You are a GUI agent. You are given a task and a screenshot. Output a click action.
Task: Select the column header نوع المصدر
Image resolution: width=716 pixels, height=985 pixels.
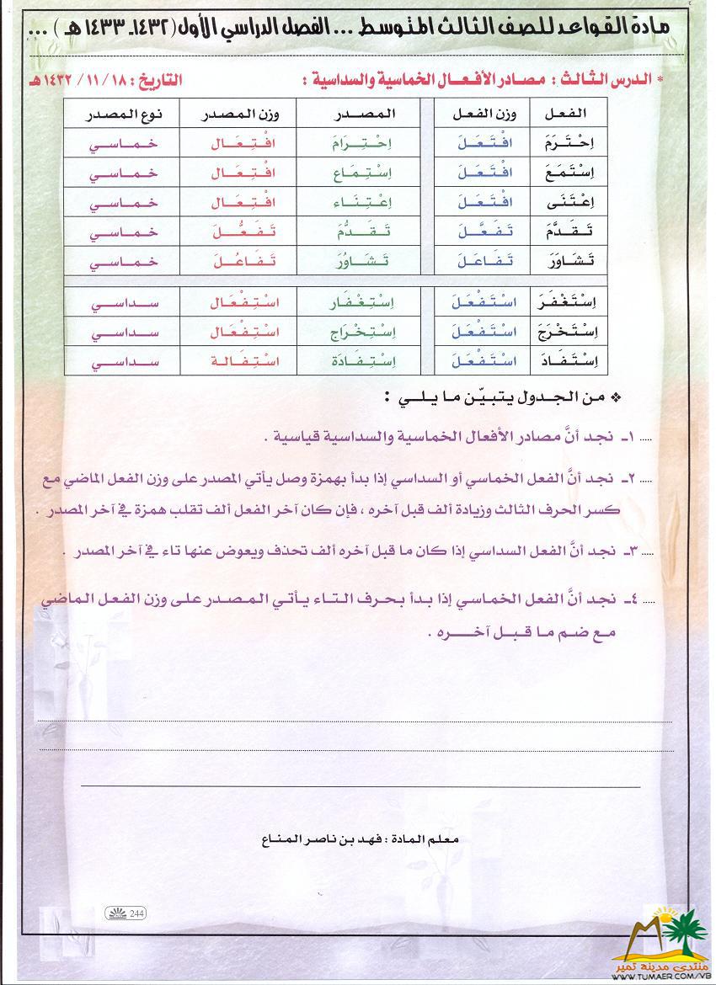[125, 113]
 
